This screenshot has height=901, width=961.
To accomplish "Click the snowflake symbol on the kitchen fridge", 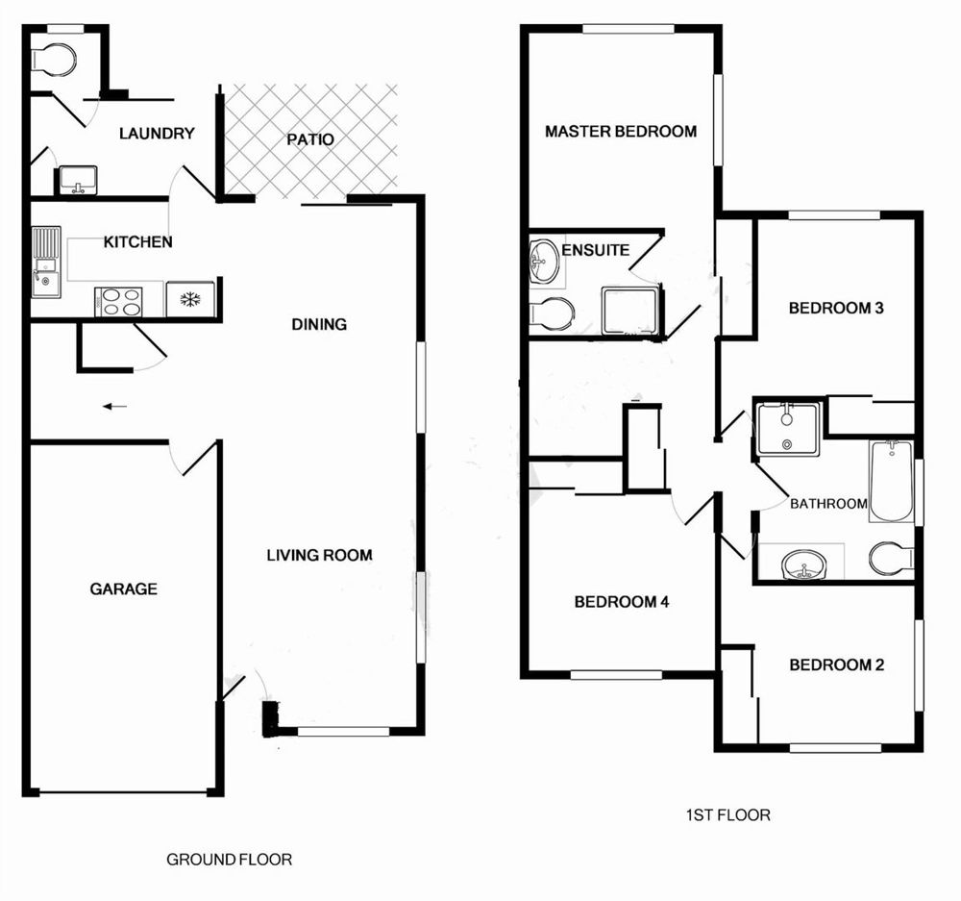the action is (x=190, y=300).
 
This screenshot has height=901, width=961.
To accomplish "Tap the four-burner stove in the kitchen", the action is (x=118, y=302).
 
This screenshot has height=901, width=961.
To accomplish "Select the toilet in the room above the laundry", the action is (x=54, y=60).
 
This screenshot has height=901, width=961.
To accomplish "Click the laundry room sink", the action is (x=77, y=181).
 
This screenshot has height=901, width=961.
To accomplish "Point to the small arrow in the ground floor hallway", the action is (x=114, y=406).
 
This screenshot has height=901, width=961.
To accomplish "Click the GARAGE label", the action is (x=124, y=588).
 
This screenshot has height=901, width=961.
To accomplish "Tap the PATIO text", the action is (x=310, y=139).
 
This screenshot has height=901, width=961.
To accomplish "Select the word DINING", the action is (x=319, y=324).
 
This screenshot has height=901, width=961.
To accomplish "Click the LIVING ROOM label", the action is (x=319, y=555).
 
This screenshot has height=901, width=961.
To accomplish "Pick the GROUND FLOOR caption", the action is (x=230, y=860).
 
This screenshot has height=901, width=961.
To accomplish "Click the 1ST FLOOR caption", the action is (x=727, y=814).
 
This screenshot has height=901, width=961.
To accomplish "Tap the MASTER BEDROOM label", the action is (x=621, y=131).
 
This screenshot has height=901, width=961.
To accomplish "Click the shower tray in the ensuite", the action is (x=630, y=311).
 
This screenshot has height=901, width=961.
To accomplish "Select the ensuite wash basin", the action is (x=544, y=262).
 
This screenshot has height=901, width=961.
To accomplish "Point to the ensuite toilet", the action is (x=552, y=313).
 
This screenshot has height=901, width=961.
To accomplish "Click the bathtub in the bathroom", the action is (x=891, y=482).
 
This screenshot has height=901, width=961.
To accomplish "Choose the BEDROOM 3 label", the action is (x=836, y=308).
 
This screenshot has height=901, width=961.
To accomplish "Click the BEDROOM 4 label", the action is (x=622, y=602).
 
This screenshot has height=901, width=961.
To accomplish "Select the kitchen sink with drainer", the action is (x=46, y=263).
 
